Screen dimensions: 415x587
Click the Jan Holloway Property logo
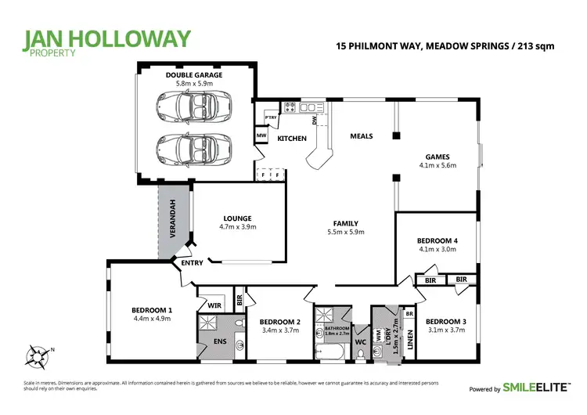[x=107, y=44]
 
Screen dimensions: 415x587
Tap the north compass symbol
[x=36, y=357]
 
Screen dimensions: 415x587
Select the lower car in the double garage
[x=193, y=146]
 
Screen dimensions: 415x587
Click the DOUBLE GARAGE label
[x=193, y=75]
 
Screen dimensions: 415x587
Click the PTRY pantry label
[x=271, y=117]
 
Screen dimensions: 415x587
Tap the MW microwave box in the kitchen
[x=261, y=135]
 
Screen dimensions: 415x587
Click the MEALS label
[x=361, y=136]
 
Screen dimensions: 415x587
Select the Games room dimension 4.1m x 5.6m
[x=438, y=165]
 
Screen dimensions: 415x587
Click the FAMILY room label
[x=345, y=223]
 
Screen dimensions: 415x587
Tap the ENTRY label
[x=192, y=263]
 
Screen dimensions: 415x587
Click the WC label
[x=360, y=341]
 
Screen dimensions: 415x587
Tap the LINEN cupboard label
[x=409, y=337]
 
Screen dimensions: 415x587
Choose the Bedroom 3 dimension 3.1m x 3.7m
[x=445, y=331]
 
